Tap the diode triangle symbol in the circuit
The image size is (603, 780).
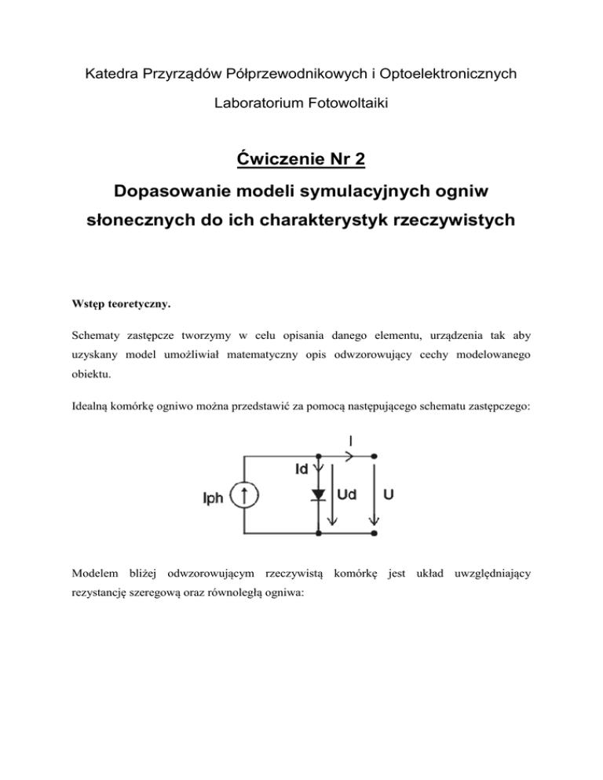tap(318, 494)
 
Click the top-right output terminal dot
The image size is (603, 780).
tap(375, 455)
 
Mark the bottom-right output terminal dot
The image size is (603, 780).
tap(375, 534)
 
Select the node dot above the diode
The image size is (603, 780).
tap(318, 455)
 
